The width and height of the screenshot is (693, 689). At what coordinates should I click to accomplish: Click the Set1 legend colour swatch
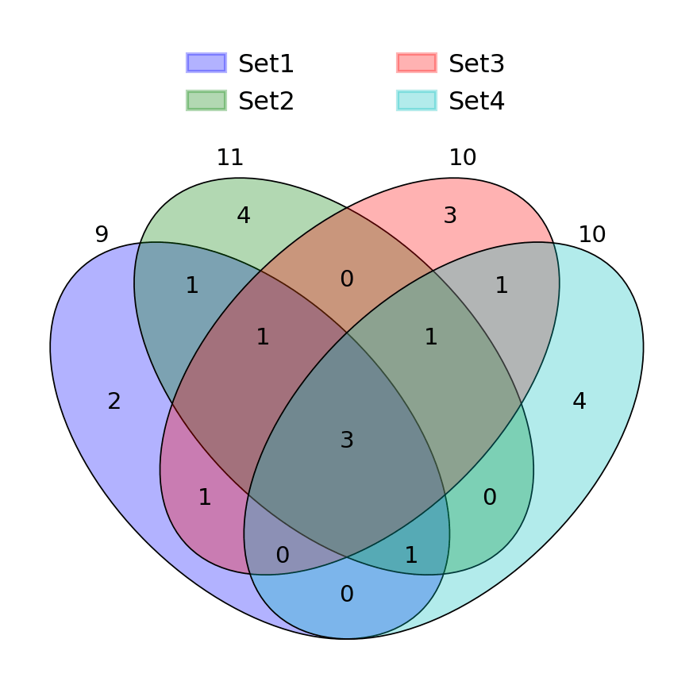click(x=206, y=63)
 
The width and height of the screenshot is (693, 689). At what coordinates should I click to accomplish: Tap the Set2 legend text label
click(x=266, y=101)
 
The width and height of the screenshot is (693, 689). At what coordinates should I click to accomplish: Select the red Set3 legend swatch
click(x=417, y=63)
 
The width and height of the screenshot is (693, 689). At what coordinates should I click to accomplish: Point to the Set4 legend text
click(x=476, y=101)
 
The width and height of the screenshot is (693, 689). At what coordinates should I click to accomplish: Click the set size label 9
click(x=102, y=235)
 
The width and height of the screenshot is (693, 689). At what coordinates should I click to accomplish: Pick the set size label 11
click(x=230, y=158)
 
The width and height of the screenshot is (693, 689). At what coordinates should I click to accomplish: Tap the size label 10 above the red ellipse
click(x=463, y=158)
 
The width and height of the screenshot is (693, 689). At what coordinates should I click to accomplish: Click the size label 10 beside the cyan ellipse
click(x=592, y=235)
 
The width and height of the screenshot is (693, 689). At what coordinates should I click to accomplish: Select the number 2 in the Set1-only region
click(x=114, y=402)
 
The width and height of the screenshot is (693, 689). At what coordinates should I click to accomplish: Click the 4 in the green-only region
click(x=244, y=216)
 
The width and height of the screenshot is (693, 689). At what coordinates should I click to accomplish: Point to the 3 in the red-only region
click(x=450, y=216)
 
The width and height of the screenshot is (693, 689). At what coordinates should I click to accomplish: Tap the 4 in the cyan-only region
click(x=579, y=402)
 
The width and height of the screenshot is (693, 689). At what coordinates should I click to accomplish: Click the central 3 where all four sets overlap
click(x=347, y=441)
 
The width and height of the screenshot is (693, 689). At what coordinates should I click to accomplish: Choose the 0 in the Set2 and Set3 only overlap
click(x=347, y=279)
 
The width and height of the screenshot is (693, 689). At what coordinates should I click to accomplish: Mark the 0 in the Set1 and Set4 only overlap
click(x=347, y=595)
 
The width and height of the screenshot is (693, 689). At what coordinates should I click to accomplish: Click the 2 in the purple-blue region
click(x=114, y=402)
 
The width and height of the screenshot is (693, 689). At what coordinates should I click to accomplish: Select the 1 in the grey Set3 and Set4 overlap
click(x=502, y=286)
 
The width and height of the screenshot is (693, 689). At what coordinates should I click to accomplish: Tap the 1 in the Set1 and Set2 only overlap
click(x=192, y=286)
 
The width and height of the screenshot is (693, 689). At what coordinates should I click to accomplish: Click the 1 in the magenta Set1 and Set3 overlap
click(x=205, y=498)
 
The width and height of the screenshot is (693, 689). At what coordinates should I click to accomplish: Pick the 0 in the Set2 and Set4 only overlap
click(x=490, y=498)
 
